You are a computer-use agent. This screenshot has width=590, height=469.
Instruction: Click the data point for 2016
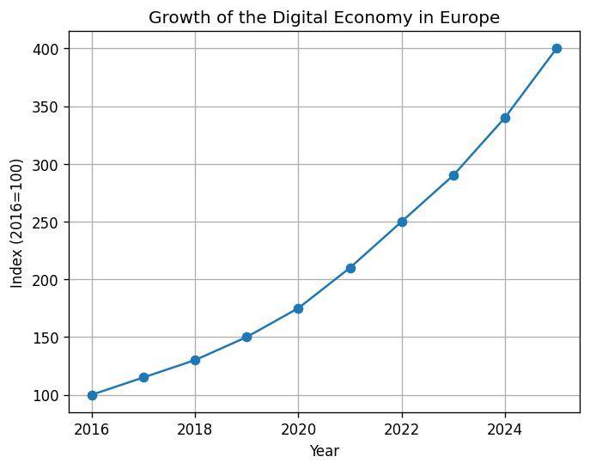pyautogui.click(x=92, y=395)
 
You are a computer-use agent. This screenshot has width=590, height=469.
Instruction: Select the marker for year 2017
pyautogui.click(x=143, y=377)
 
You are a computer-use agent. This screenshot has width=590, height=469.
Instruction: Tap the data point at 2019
pyautogui.click(x=246, y=337)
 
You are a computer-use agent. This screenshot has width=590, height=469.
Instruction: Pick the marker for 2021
pyautogui.click(x=350, y=268)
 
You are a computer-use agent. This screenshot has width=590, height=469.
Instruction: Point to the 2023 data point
pyautogui.click(x=453, y=175)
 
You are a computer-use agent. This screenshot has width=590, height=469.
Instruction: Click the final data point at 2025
pyautogui.click(x=557, y=48)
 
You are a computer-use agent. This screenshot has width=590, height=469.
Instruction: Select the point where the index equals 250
pyautogui.click(x=402, y=222)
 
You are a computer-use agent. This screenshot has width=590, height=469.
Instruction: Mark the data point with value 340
pyautogui.click(x=505, y=118)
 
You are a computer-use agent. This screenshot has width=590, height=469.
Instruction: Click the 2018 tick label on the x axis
pyautogui.click(x=195, y=429)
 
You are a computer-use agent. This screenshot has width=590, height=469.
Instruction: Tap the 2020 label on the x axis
pyautogui.click(x=298, y=429)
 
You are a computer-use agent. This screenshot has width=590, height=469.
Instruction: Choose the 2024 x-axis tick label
pyautogui.click(x=505, y=429)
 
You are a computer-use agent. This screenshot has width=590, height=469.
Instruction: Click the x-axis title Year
pyautogui.click(x=324, y=450)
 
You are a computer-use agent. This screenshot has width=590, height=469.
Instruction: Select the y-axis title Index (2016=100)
pyautogui.click(x=16, y=222)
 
